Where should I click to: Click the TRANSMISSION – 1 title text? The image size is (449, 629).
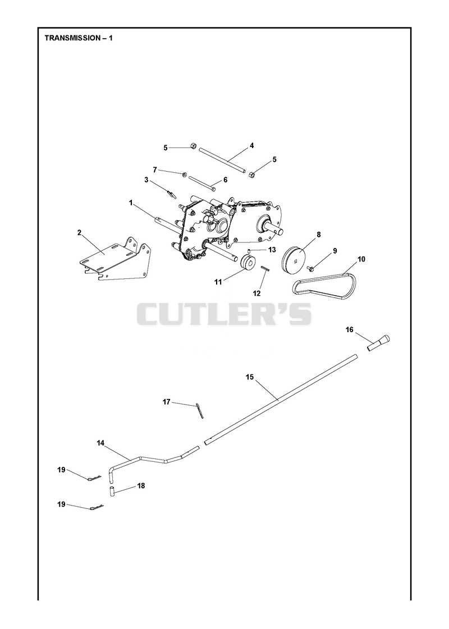(x=79, y=38)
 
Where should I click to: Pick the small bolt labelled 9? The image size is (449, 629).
(x=310, y=267)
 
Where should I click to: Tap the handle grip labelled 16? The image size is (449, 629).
(x=379, y=342)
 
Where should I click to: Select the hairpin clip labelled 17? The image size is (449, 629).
(x=200, y=411)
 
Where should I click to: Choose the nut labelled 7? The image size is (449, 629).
(x=185, y=174)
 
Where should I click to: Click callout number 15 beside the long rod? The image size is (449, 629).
(x=250, y=377)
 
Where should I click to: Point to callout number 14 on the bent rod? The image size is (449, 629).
(x=100, y=443)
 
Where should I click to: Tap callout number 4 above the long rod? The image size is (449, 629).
(x=251, y=146)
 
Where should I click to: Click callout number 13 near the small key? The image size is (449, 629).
(x=272, y=250)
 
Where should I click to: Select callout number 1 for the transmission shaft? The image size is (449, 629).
(x=130, y=203)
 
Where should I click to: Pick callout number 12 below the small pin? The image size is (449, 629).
(x=257, y=293)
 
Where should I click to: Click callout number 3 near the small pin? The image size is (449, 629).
(x=146, y=180)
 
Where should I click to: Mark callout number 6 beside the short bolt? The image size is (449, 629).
(x=225, y=180)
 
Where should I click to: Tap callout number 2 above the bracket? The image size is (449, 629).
(x=79, y=232)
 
